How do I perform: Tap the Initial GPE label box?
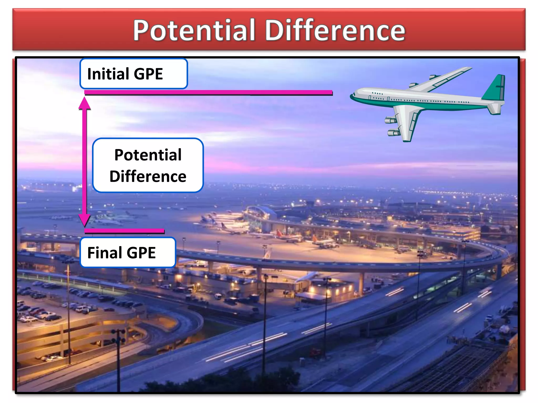[x=133, y=74]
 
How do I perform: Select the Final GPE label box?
[x=128, y=252]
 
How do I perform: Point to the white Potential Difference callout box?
[x=148, y=165]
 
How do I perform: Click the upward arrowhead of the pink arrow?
[x=84, y=103]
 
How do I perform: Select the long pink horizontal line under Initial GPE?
[x=208, y=92]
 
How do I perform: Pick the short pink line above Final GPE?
[x=124, y=231]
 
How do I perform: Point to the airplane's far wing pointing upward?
[x=444, y=78]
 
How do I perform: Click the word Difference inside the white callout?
[x=148, y=176]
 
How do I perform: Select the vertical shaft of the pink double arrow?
[x=84, y=163]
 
